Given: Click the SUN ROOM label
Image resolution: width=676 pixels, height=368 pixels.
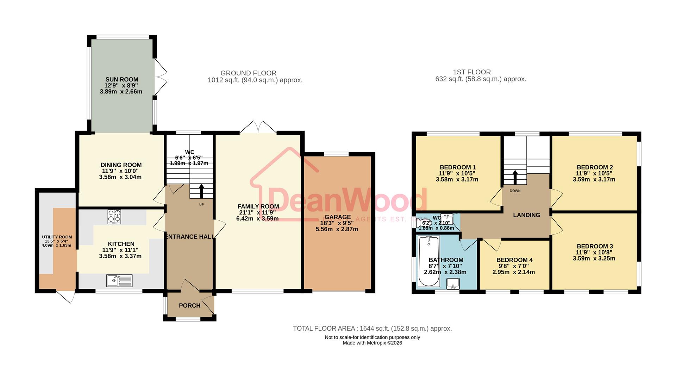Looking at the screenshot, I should [x=121, y=80].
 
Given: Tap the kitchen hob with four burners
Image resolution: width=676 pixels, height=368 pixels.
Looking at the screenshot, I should [x=114, y=216].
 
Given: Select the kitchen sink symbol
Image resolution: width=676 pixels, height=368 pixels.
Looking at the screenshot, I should [x=119, y=281].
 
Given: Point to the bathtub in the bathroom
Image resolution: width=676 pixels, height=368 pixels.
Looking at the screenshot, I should [x=428, y=261].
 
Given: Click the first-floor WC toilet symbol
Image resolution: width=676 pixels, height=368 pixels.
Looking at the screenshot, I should [x=425, y=223].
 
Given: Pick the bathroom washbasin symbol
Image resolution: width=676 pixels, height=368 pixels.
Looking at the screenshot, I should [x=453, y=283].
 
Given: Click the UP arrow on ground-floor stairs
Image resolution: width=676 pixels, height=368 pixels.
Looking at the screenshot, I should [x=201, y=191].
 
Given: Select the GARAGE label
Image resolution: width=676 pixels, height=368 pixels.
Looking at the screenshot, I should [x=338, y=217].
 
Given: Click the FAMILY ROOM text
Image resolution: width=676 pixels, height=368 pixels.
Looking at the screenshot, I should [x=258, y=207].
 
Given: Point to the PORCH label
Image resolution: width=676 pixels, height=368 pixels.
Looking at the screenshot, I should [x=189, y=306].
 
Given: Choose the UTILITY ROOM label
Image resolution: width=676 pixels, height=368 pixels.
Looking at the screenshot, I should [x=57, y=237].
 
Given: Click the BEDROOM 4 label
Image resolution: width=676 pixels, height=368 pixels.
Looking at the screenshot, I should [x=514, y=260].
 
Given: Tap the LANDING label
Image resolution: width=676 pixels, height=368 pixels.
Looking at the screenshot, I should [x=526, y=215].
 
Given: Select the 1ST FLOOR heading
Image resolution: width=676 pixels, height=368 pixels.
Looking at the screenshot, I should [x=471, y=72].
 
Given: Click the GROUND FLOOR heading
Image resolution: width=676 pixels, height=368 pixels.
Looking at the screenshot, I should [x=248, y=73].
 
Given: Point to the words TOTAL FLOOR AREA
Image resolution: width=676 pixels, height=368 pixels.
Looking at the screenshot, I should [x=324, y=329].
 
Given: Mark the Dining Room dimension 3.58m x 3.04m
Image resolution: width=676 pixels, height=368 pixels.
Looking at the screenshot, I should [x=120, y=177].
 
